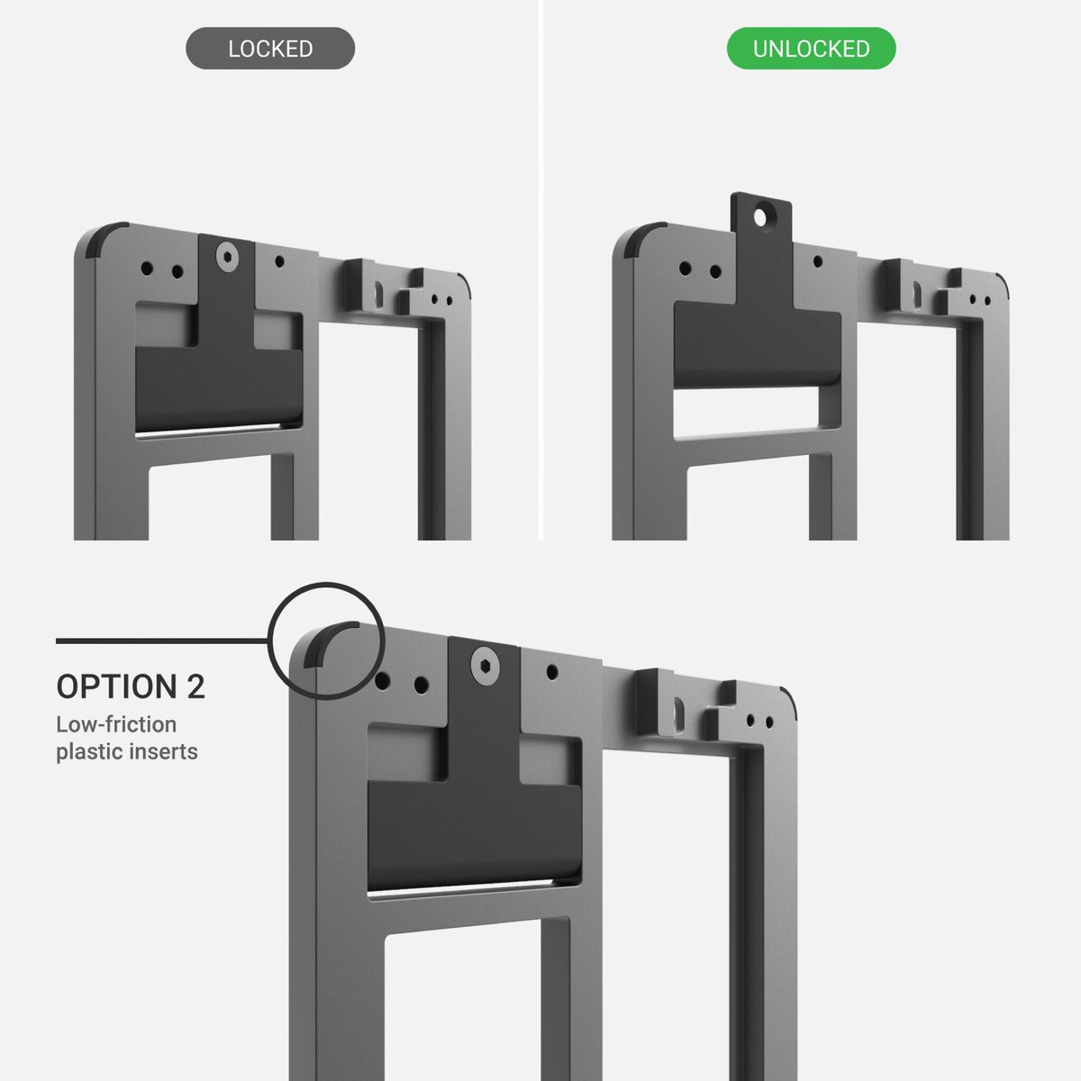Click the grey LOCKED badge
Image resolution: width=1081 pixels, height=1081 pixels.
click(270, 49)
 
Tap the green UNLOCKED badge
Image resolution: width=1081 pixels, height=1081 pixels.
click(811, 49)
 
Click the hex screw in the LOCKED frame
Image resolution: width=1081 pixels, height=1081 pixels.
click(227, 258)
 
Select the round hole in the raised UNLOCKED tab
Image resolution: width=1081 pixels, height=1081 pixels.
click(759, 217)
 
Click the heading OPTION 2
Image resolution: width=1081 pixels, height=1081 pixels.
click(131, 686)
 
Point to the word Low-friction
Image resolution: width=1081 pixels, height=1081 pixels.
click(116, 724)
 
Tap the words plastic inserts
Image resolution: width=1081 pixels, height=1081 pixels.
click(127, 751)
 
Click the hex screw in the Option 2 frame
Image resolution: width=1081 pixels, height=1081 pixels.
click(486, 666)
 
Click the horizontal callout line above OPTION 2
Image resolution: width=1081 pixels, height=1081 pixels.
click(162, 640)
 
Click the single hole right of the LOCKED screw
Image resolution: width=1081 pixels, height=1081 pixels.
click(279, 261)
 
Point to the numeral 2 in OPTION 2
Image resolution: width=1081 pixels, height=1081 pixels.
click(195, 686)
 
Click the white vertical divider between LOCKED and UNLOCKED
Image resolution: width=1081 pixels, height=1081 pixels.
click(540, 270)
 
